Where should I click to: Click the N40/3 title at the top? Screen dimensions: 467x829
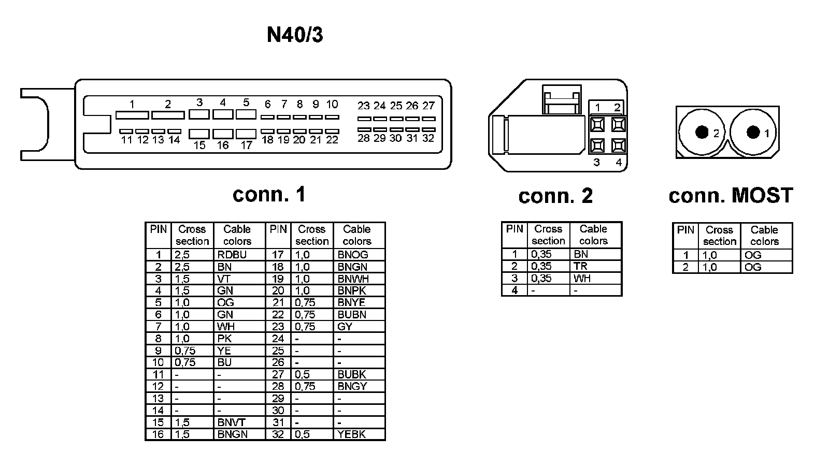(x=295, y=35)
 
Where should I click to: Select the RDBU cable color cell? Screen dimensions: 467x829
(x=232, y=255)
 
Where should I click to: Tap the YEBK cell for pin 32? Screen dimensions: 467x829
(x=351, y=434)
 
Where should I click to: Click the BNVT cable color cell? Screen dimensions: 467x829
(x=231, y=422)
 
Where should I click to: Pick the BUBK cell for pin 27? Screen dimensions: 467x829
(x=352, y=374)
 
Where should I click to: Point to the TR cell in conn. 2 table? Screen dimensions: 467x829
(x=580, y=266)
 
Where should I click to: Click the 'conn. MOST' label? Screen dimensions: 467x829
(x=731, y=195)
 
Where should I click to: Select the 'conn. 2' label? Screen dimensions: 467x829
(x=555, y=196)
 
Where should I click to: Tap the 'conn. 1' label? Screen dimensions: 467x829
(x=269, y=194)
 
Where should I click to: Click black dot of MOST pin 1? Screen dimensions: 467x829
(x=753, y=132)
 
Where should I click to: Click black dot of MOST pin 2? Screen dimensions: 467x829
(x=702, y=133)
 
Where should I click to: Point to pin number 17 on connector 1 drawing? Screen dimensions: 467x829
(x=246, y=145)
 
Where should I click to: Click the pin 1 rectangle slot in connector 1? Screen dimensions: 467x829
(x=132, y=115)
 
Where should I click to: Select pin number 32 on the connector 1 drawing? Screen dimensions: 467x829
(x=428, y=138)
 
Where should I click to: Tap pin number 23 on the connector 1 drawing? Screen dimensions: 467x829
(x=363, y=106)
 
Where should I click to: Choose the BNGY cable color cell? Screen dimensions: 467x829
(x=352, y=386)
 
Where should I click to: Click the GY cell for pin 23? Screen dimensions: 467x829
(x=345, y=327)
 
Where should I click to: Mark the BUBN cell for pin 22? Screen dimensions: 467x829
(x=352, y=315)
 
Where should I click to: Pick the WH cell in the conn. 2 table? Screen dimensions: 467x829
(x=582, y=279)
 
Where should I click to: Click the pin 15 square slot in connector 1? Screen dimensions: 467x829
(x=199, y=134)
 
